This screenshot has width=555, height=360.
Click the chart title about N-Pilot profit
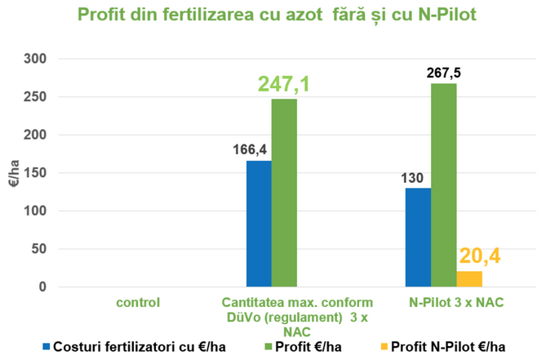point(277,15)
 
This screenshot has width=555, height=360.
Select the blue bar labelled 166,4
point(259,224)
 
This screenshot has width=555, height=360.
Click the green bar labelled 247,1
point(284,193)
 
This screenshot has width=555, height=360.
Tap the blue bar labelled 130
point(419,238)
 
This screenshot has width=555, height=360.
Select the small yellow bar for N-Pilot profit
point(469,279)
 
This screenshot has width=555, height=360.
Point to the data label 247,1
point(284,83)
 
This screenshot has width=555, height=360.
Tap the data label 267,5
point(444,73)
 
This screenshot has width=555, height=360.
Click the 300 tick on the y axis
point(37,60)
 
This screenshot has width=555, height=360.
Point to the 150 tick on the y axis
point(37,173)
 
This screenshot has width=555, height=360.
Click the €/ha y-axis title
point(14,173)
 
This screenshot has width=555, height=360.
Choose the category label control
point(137,302)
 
